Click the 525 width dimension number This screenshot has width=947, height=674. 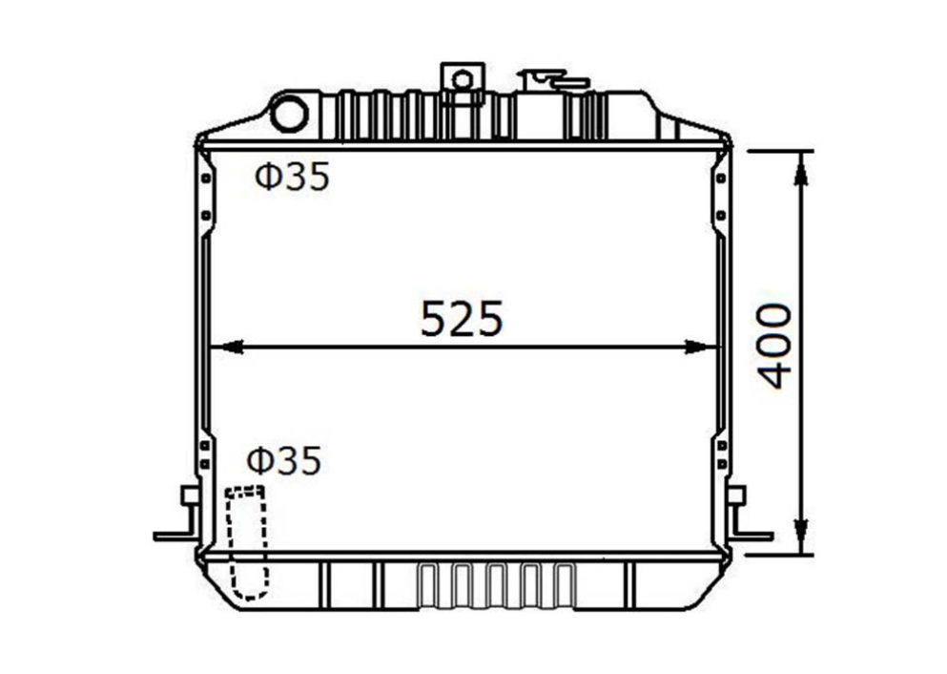click(462, 319)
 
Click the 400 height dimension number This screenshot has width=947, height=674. click(774, 346)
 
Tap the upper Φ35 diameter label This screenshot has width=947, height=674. click(293, 177)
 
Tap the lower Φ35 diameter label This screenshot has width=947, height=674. click(284, 460)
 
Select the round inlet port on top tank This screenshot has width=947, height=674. click(289, 115)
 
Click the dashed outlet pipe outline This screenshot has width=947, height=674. click(246, 542)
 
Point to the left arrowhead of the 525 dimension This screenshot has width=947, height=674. click(226, 347)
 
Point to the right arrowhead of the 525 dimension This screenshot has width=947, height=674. click(703, 347)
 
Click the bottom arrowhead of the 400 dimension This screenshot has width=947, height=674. click(801, 537)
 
